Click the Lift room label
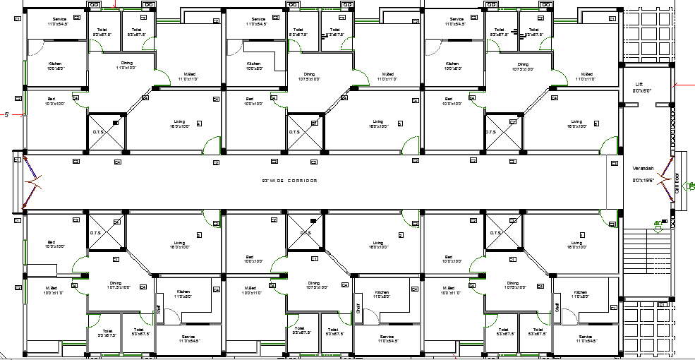click(639, 84)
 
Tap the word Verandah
click(643, 167)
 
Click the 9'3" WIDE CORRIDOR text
click(289, 181)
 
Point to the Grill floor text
click(677, 184)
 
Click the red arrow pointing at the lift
click(684, 85)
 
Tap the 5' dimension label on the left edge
click(7, 114)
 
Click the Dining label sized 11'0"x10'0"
click(126, 64)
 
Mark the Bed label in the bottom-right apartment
click(448, 256)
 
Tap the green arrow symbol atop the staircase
click(658, 225)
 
